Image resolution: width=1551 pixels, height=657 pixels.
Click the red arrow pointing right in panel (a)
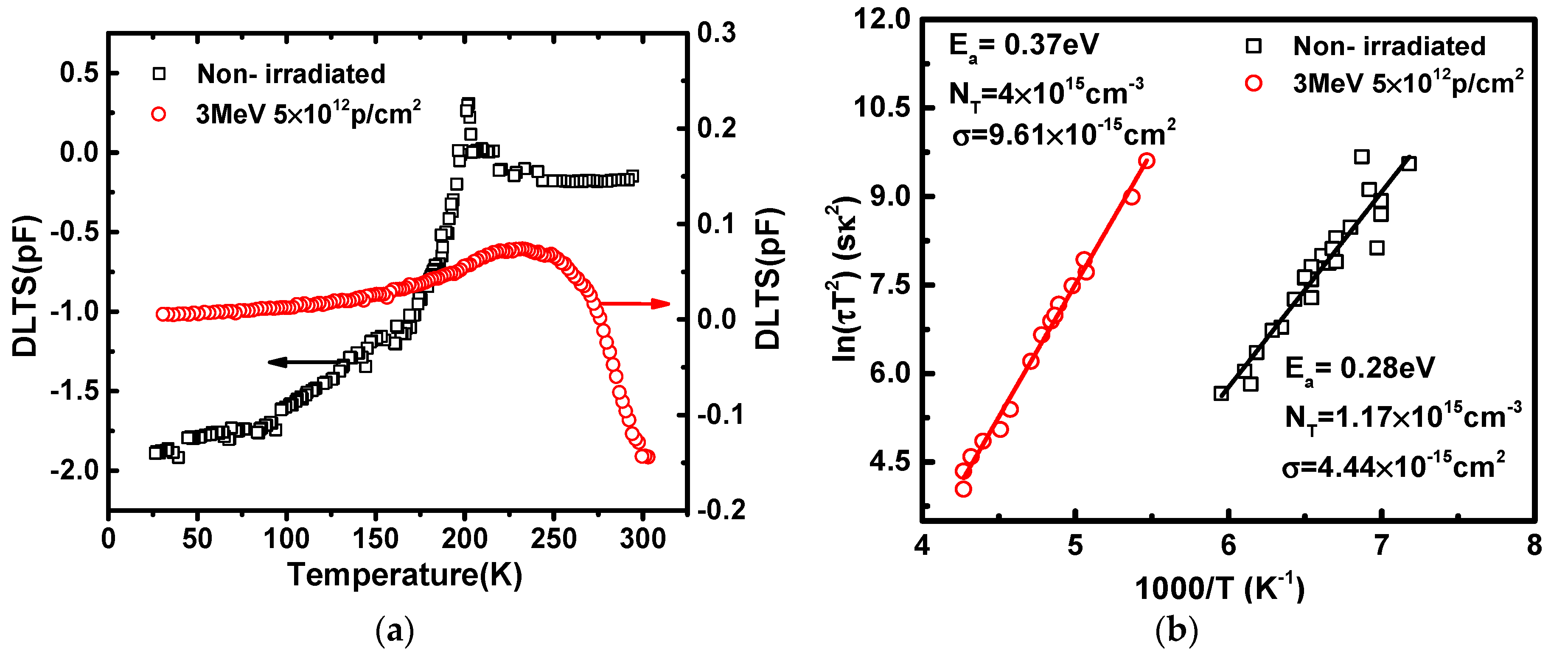point(635,304)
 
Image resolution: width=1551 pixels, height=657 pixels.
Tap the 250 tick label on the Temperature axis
point(553,538)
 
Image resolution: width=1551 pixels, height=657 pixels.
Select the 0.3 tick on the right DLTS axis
point(716,33)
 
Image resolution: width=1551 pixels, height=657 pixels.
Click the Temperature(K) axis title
point(404,575)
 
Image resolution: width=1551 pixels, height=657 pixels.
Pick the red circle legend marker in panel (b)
point(1254,83)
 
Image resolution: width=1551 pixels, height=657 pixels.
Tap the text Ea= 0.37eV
point(1024,46)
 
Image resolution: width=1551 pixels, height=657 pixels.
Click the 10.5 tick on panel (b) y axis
point(882,108)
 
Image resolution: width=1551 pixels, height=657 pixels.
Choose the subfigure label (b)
point(1177,631)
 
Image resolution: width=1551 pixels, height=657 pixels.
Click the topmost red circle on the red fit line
point(1147,161)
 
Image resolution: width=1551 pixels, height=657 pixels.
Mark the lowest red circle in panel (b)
point(963,489)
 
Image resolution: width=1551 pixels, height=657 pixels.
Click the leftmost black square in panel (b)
point(1221,393)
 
